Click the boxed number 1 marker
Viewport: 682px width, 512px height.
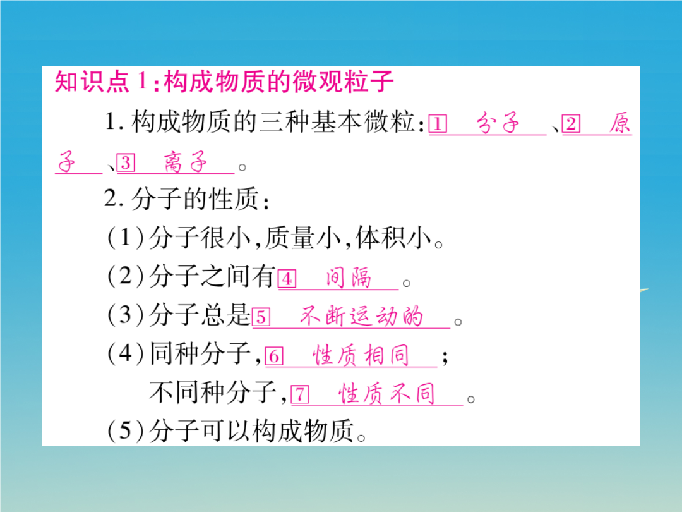click(438, 124)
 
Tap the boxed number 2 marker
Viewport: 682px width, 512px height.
click(571, 124)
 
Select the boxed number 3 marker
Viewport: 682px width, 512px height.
click(126, 162)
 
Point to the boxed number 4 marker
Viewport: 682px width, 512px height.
click(287, 279)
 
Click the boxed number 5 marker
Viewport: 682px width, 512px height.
click(261, 317)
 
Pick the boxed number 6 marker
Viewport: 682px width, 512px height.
click(274, 356)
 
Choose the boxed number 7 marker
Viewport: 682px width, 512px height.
click(300, 394)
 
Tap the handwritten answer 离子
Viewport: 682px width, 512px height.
click(185, 162)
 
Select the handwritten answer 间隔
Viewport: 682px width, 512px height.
click(349, 277)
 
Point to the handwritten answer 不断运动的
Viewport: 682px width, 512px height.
click(361, 315)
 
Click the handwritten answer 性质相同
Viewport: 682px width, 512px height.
click(361, 355)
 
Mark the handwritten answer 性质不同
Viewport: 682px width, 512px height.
click(386, 393)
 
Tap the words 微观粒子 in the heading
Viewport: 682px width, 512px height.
click(343, 81)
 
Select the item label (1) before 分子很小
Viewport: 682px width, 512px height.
click(125, 238)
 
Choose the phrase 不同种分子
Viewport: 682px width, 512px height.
click(213, 392)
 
